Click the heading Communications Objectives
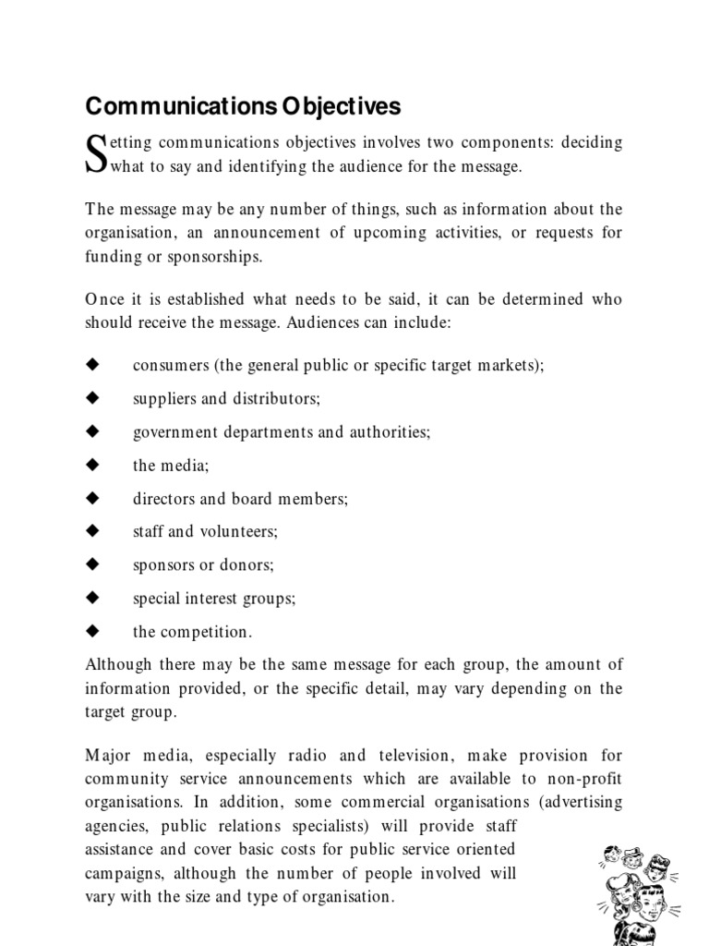(243, 106)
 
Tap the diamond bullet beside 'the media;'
(91, 465)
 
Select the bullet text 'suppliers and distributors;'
(226, 398)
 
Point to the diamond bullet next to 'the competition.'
(91, 631)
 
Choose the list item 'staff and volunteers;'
(205, 531)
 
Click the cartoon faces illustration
(638, 884)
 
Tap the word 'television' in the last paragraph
(484, 756)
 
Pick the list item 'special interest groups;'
(214, 598)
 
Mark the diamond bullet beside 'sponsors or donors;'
(91, 564)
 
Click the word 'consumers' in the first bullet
(170, 365)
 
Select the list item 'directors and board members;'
(240, 498)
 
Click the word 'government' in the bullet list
(175, 431)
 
